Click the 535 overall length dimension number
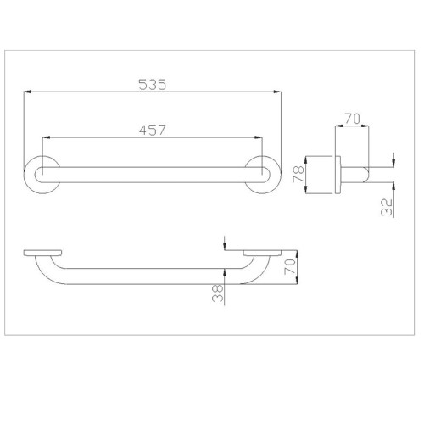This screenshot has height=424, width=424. tap(153, 85)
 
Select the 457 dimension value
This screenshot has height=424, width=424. tap(153, 130)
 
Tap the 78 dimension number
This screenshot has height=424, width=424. tap(298, 174)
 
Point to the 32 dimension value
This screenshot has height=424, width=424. tap(387, 207)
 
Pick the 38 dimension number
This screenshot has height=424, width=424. tap(218, 293)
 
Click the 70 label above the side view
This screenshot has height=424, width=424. tap(352, 119)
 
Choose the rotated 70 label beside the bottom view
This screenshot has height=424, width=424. tap(290, 266)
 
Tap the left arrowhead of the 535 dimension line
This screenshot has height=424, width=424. tap(27, 92)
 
